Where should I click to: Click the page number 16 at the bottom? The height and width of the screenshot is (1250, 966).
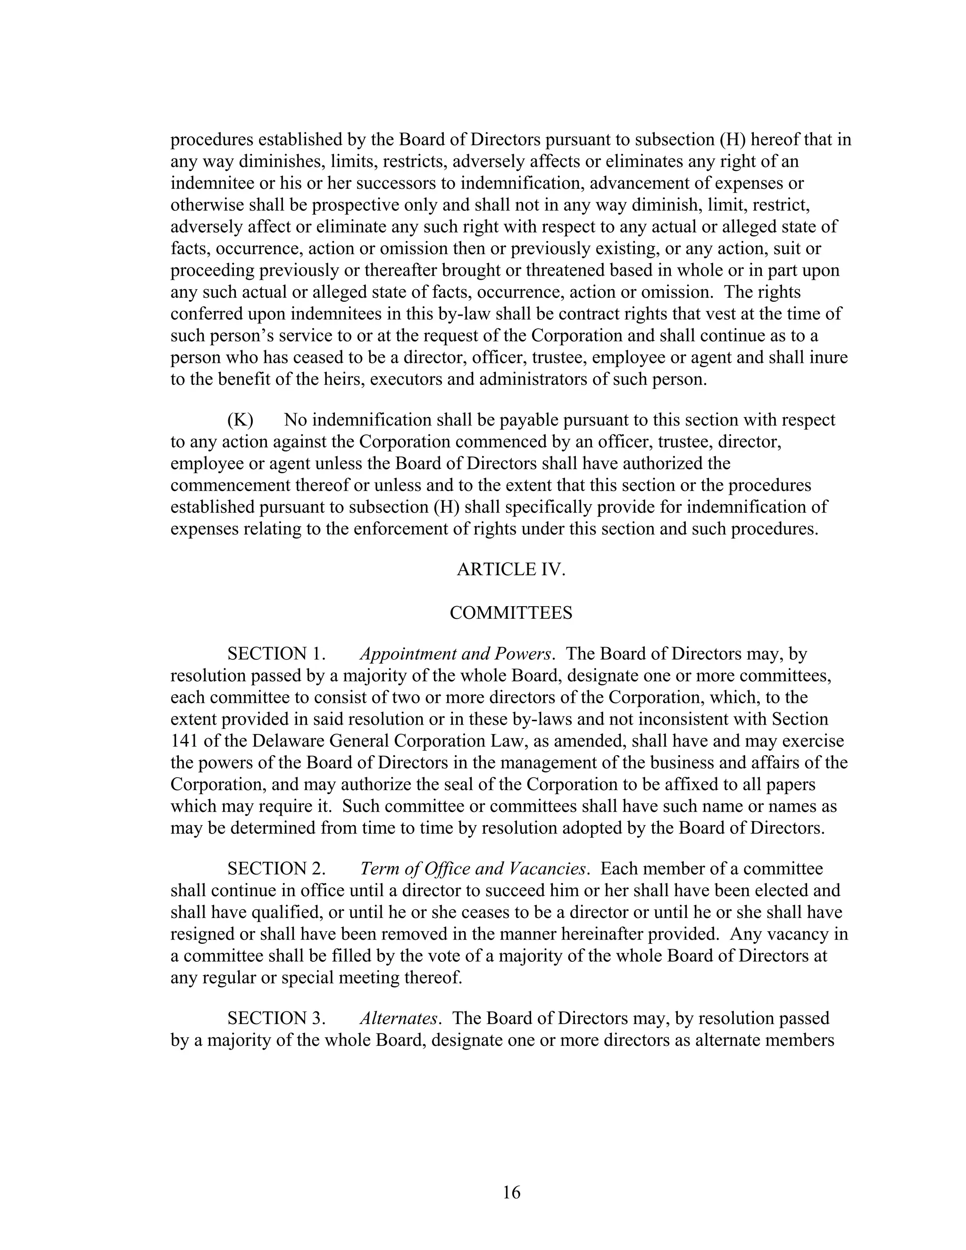point(511,1192)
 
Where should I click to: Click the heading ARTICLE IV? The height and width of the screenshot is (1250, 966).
point(510,569)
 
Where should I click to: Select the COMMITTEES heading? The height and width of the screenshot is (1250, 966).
point(510,613)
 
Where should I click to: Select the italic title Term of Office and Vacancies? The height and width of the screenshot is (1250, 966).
point(473,869)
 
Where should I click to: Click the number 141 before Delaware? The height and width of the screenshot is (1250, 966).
point(183,741)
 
